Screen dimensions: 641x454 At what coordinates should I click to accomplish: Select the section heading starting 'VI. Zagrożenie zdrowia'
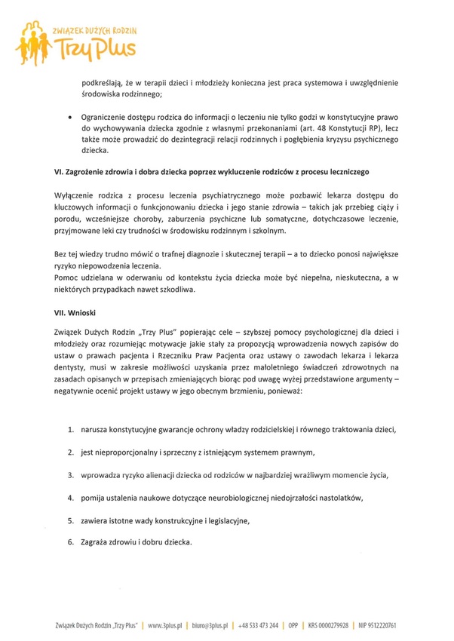(x=212, y=173)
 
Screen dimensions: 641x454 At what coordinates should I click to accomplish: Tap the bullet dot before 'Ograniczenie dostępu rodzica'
(x=70, y=118)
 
